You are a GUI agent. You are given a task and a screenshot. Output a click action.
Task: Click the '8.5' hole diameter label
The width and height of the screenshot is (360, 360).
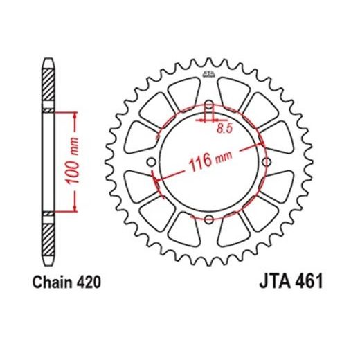223,128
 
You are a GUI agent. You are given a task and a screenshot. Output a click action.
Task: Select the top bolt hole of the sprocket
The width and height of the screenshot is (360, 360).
210,106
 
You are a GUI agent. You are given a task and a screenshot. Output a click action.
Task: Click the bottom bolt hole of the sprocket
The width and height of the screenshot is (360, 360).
210,219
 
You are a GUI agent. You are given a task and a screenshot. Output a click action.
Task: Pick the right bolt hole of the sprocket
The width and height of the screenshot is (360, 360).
265,163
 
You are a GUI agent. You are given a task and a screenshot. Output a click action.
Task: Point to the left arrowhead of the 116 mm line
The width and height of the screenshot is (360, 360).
156,184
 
